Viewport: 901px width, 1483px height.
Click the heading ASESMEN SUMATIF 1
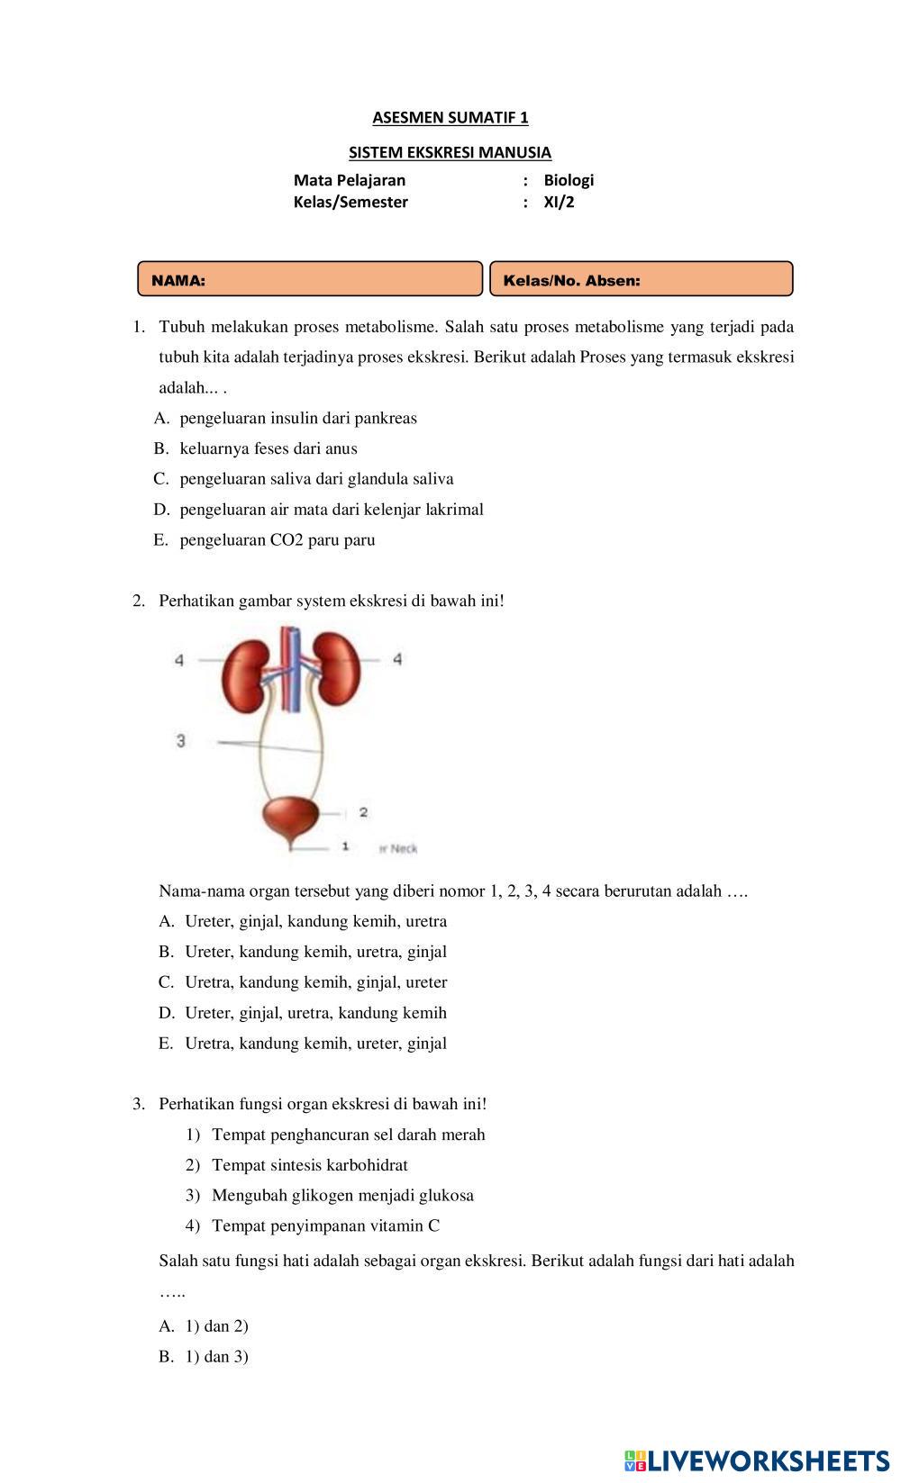coord(450,117)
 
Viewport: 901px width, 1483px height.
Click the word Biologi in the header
coord(568,180)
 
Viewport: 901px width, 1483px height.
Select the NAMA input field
coord(310,279)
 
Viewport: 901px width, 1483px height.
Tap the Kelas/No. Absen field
coord(641,279)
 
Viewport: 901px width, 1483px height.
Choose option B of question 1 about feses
coord(268,448)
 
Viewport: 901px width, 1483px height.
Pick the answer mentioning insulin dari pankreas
coord(297,418)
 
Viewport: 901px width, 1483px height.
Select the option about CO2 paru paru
coord(277,540)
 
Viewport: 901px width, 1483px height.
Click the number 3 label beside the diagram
coord(181,741)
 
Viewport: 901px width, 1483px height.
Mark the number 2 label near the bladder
coord(363,812)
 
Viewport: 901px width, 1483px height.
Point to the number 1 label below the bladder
coord(345,847)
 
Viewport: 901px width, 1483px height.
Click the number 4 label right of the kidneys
coord(397,660)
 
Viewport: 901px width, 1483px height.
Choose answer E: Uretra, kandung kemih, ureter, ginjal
coord(315,1044)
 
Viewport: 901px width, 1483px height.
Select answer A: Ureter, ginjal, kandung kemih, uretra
coord(315,921)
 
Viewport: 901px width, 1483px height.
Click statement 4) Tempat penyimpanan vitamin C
coord(325,1225)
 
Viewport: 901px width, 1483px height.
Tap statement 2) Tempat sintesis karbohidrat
coord(309,1165)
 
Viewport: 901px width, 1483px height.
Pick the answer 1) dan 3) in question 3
coord(216,1357)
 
